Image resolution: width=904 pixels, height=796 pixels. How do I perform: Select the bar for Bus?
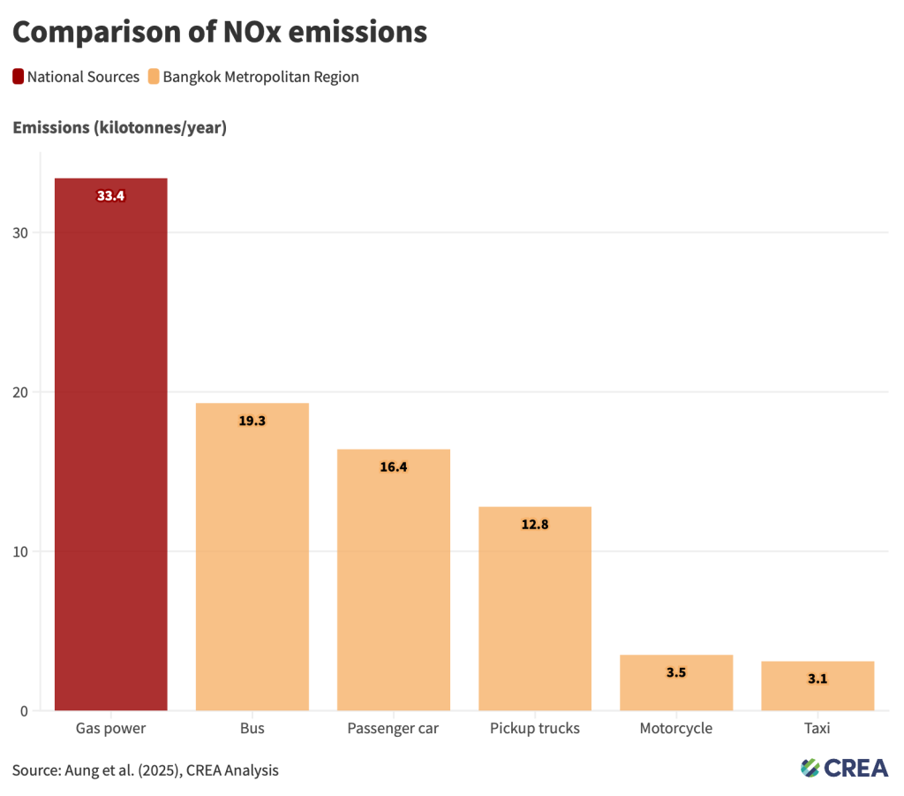click(x=252, y=557)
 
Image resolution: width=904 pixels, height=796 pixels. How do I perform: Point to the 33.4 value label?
click(x=110, y=196)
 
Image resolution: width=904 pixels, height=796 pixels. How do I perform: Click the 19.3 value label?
click(x=252, y=421)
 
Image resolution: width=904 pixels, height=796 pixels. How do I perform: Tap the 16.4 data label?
click(x=393, y=466)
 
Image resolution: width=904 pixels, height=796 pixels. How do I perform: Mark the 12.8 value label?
click(x=535, y=524)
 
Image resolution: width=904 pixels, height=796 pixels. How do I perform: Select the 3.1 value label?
click(x=817, y=678)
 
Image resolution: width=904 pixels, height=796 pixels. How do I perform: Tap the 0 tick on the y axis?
click(x=24, y=711)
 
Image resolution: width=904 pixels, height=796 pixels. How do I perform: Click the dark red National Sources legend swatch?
click(x=18, y=77)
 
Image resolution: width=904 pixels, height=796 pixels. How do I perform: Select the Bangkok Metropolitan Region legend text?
click(x=260, y=77)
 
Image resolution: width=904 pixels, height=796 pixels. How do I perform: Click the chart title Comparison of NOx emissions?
click(x=220, y=32)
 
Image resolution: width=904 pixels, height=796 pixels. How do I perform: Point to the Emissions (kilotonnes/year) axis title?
click(x=119, y=128)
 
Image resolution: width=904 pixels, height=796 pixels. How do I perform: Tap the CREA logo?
click(x=844, y=768)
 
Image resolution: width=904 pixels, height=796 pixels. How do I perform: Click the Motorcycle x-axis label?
click(x=676, y=729)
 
